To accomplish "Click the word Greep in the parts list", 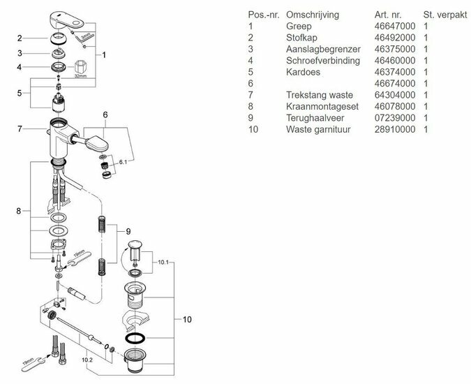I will (297, 26).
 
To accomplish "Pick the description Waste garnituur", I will (318, 129).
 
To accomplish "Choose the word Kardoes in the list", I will (303, 72).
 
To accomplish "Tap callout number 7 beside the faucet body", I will (21, 129).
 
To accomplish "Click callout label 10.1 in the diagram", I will (163, 263).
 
